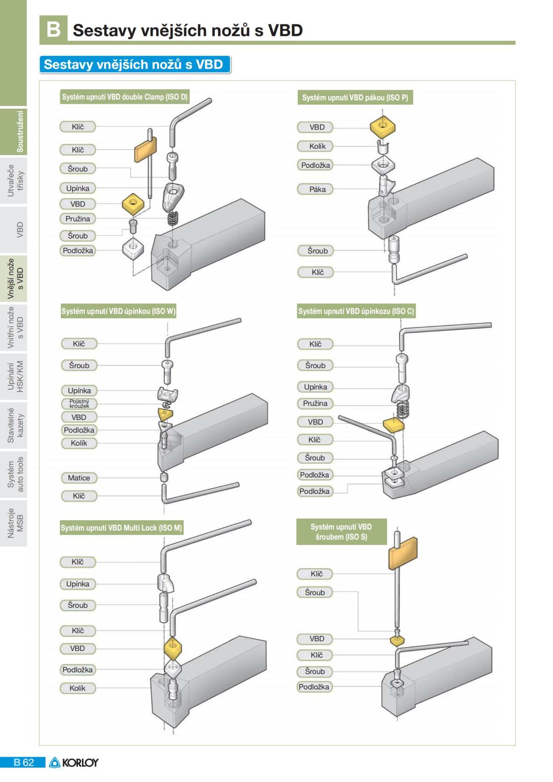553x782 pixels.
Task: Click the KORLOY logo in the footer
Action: [74, 763]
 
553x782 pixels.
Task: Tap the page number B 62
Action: [24, 763]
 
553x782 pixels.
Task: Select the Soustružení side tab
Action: [14, 132]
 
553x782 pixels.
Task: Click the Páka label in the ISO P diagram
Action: [318, 189]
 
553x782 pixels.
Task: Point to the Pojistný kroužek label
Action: [79, 404]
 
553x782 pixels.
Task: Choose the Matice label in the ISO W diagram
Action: [79, 478]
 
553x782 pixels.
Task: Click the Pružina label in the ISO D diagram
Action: [77, 219]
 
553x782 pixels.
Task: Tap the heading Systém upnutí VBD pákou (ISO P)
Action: [355, 98]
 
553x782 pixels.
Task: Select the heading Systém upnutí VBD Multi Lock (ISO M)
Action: [121, 528]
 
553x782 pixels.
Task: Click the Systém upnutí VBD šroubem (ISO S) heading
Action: [341, 532]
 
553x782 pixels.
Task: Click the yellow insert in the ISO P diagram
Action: [382, 127]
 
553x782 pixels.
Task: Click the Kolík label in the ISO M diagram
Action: [77, 688]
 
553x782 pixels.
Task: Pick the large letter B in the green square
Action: [53, 29]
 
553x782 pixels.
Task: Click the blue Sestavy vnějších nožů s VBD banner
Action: [134, 64]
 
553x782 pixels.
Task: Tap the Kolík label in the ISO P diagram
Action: [318, 146]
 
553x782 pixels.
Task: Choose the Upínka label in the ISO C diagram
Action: [315, 387]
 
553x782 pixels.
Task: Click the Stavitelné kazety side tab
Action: [14, 425]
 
